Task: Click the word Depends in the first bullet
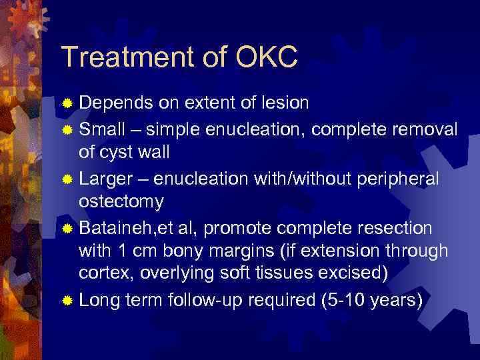tap(115, 103)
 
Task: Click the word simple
tap(177, 127)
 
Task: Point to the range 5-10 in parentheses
tap(351, 300)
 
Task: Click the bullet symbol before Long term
tap(67, 301)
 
